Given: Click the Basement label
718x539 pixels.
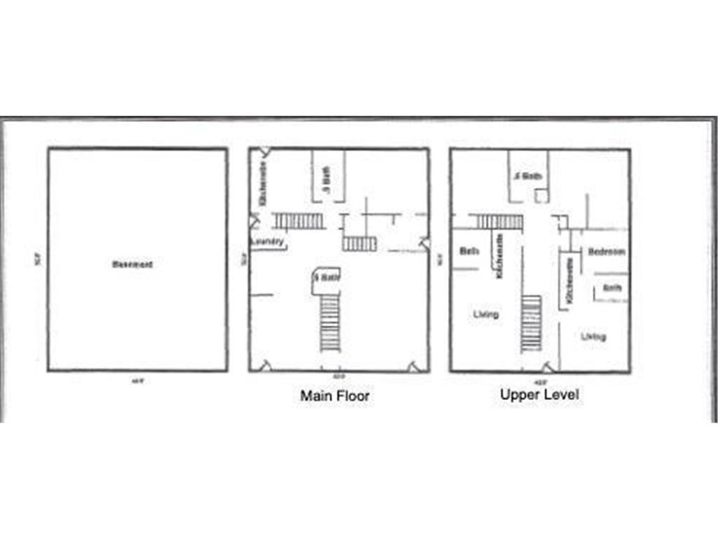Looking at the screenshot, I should [x=132, y=265].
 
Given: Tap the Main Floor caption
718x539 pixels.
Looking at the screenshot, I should [x=334, y=396].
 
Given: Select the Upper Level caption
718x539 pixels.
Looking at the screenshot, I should [x=539, y=394].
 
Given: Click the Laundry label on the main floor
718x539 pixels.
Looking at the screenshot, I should [x=267, y=242].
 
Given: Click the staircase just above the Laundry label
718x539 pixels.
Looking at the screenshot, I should [x=298, y=221].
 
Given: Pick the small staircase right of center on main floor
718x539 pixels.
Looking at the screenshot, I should [x=359, y=244].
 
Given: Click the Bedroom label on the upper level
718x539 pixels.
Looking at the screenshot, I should [x=607, y=251].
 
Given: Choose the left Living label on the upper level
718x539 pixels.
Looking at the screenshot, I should [x=486, y=314].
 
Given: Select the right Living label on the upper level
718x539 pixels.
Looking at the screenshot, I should [x=593, y=337].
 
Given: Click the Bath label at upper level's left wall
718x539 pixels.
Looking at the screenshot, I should [x=469, y=251].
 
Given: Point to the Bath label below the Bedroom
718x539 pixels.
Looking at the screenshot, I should [x=613, y=288].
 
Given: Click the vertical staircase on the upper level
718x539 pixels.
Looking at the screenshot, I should [x=531, y=324].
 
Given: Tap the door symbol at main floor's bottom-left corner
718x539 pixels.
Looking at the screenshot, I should [x=266, y=365].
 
